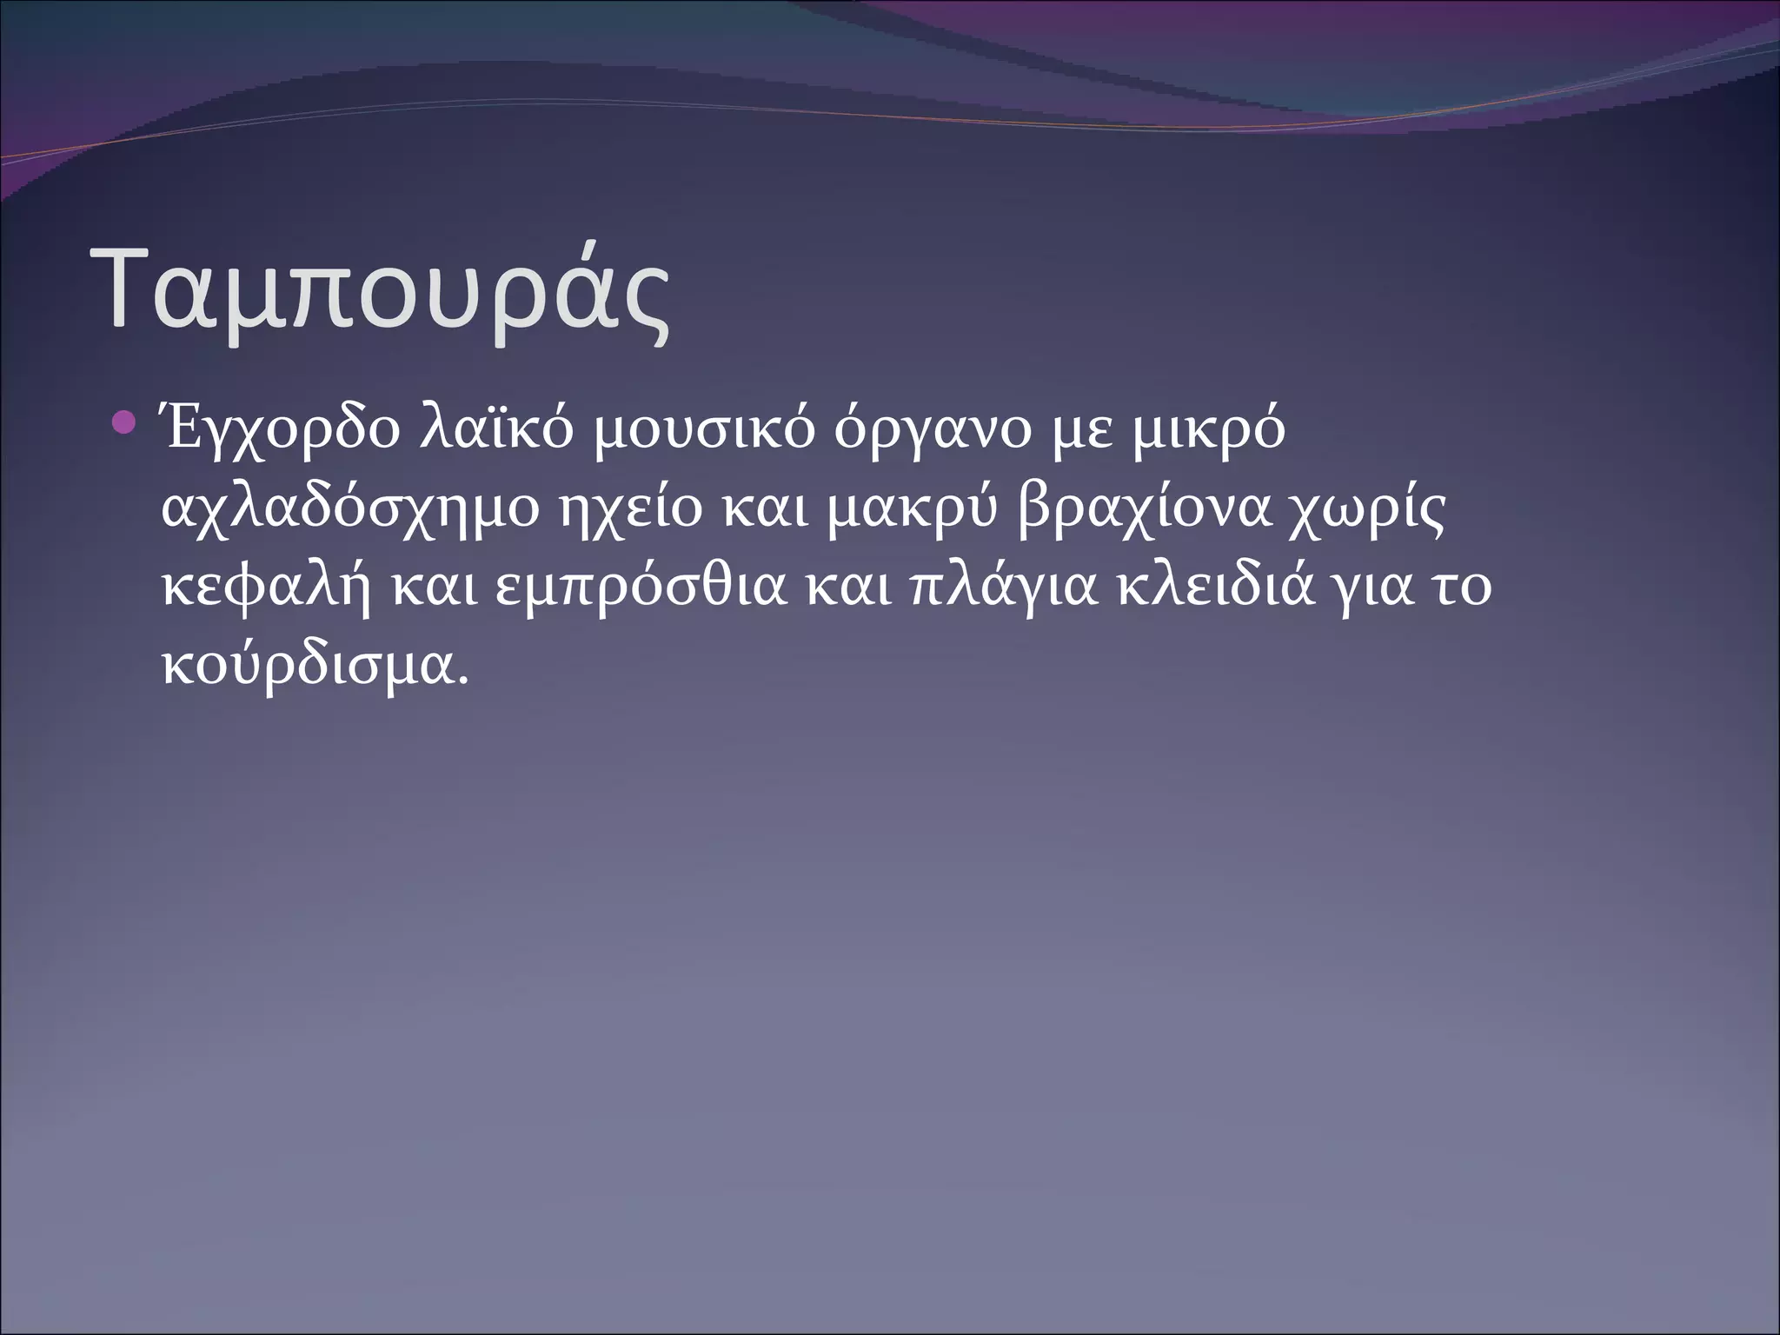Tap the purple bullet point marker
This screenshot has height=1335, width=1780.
click(125, 425)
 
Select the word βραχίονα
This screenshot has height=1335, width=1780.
click(1139, 511)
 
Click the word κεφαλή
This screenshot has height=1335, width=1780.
click(266, 588)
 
